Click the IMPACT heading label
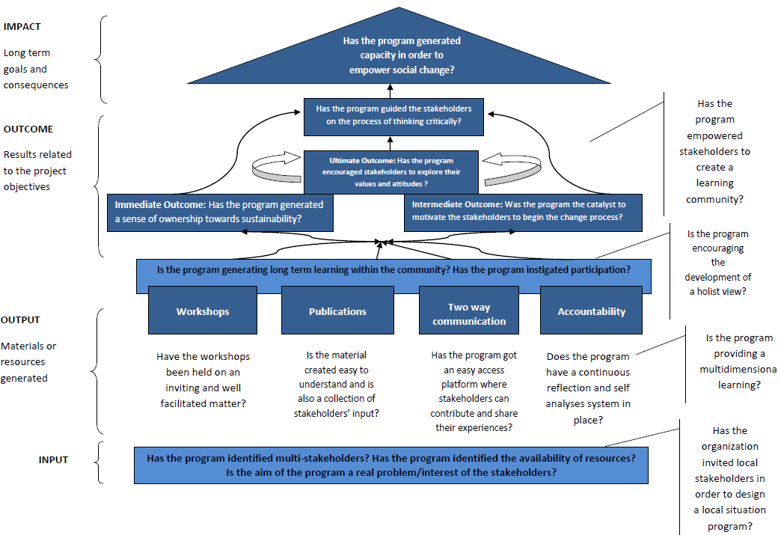coord(22,27)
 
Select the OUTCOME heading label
coord(28,129)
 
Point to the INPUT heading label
coord(53,459)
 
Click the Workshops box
coord(203,311)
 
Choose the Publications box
coord(337,311)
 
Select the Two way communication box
coord(469,314)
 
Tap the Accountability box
coord(591,311)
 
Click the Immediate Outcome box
coord(220,212)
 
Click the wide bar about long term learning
coord(393,269)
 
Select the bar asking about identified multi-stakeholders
coord(390,465)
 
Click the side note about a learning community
coord(714,152)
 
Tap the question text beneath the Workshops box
coord(203,380)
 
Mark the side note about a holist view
coord(717,263)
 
